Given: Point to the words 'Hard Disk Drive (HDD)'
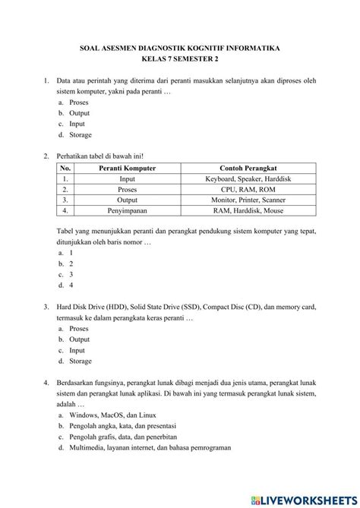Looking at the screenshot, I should (x=93, y=308).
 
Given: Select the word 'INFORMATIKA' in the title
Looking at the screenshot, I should (x=251, y=47).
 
